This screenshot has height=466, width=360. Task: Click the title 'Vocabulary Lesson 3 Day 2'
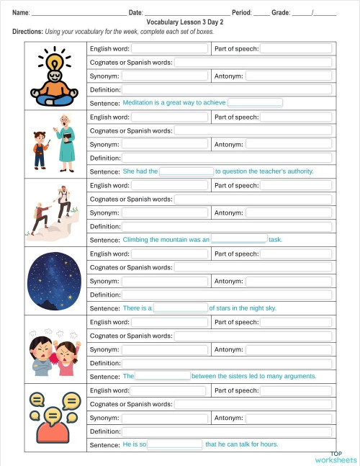point(180,22)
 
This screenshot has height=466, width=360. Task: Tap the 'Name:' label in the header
point(21,12)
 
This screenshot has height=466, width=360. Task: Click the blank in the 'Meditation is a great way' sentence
point(255,103)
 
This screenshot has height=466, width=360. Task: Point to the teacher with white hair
point(66,140)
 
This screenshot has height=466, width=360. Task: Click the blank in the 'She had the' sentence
point(186,171)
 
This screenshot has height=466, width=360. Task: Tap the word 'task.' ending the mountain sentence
point(276,239)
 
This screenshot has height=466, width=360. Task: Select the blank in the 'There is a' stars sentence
point(181,308)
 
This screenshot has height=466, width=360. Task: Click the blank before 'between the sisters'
point(163,376)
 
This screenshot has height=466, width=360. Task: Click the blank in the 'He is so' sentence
point(175,444)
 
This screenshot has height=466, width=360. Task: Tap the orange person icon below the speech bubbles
point(52,432)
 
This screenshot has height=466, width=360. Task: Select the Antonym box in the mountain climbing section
point(289,213)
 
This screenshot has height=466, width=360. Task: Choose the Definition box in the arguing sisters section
point(227,363)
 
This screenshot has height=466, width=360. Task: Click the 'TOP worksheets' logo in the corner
point(336,457)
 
